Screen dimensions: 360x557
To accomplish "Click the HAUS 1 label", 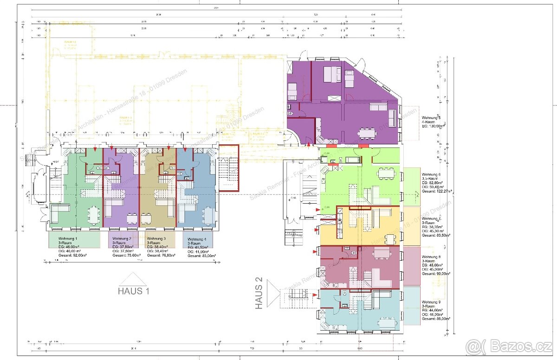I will pos(134,291).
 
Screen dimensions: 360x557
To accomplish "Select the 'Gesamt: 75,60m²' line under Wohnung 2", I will pos(123,255).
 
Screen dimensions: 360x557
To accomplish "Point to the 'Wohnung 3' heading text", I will pos(156,238).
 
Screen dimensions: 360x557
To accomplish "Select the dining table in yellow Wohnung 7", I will pos(391,239).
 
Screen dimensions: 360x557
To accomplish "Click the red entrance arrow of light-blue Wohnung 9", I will pos(316,294).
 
